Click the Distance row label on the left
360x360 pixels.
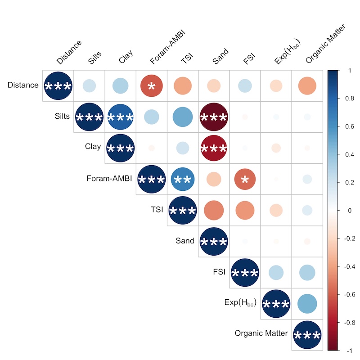[x=23, y=85]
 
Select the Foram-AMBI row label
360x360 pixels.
[x=109, y=178]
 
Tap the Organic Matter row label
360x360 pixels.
[x=261, y=333]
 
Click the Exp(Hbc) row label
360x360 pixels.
[x=240, y=302]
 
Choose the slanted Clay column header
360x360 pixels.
[x=126, y=56]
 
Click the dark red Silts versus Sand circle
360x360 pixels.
[x=214, y=117]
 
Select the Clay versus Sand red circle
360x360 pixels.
[x=214, y=148]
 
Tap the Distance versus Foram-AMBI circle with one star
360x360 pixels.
[x=151, y=85]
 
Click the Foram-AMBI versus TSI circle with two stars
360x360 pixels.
[x=182, y=179]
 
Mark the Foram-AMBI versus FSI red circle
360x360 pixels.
[x=245, y=179]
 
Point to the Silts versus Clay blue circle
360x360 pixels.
[x=120, y=117]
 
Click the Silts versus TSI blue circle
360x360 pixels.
[x=182, y=117]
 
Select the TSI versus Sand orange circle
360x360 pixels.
[x=214, y=210]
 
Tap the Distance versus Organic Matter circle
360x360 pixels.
[x=307, y=85]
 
